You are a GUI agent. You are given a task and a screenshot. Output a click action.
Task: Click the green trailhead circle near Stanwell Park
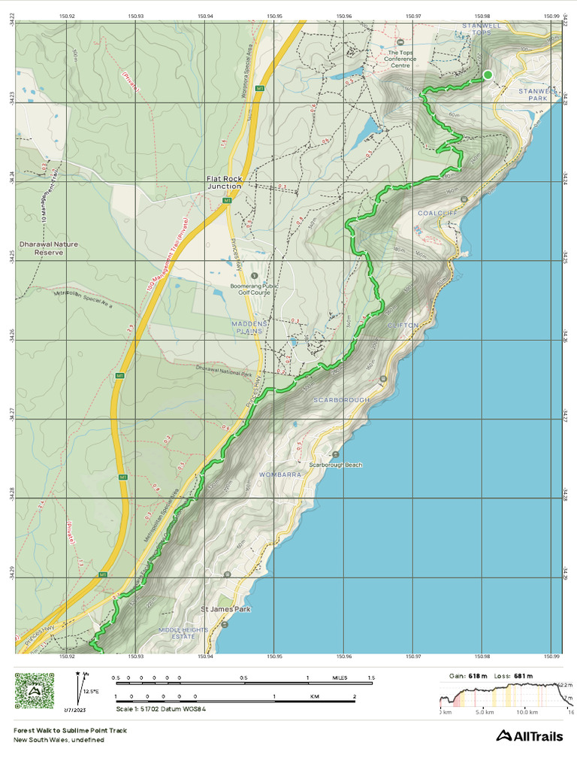pyautogui.click(x=488, y=74)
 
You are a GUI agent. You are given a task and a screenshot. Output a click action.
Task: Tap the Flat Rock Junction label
pyautogui.click(x=225, y=182)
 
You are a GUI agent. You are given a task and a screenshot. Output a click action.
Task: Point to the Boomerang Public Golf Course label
pyautogui.click(x=251, y=289)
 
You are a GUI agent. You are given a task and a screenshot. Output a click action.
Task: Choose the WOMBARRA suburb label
pyautogui.click(x=279, y=475)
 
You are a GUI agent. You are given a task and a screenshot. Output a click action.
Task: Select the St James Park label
pyautogui.click(x=225, y=609)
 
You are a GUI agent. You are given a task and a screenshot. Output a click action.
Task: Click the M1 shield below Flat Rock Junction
pyautogui.click(x=226, y=202)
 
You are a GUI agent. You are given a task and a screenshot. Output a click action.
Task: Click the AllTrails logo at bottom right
pyautogui.click(x=529, y=735)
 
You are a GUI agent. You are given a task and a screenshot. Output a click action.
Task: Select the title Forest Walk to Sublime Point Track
pyautogui.click(x=70, y=730)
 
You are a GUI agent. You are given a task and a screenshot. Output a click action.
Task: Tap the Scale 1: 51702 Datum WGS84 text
pyautogui.click(x=160, y=709)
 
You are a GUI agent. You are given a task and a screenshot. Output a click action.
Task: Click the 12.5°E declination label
pyautogui.click(x=92, y=690)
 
